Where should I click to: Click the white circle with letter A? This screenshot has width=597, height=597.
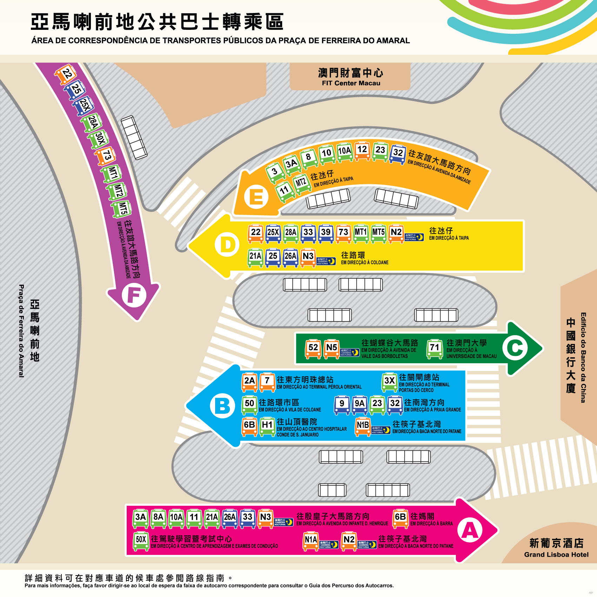(470, 530)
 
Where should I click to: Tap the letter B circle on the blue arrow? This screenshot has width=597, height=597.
(222, 406)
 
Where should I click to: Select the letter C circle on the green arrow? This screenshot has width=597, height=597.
(515, 348)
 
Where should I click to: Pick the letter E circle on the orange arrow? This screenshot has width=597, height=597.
(256, 197)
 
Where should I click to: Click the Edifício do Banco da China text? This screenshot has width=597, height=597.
(583, 357)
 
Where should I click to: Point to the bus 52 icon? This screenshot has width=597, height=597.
(313, 349)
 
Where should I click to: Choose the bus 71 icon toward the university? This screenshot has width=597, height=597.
(435, 349)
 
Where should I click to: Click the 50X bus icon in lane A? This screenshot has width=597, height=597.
(141, 541)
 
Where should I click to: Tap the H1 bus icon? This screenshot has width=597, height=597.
(267, 426)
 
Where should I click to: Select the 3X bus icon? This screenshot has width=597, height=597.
(389, 382)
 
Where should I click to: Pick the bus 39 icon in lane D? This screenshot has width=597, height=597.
(326, 233)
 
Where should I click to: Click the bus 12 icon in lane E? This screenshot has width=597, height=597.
(362, 151)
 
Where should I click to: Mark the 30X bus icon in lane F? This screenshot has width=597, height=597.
(99, 139)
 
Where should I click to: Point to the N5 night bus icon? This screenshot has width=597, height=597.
(331, 349)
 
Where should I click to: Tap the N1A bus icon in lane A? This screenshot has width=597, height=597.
(311, 541)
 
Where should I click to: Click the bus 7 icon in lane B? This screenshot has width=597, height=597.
(267, 382)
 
